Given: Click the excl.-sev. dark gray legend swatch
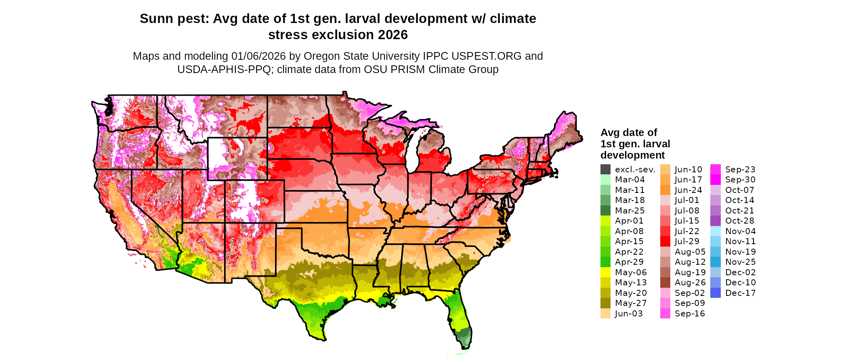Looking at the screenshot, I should click(x=605, y=170).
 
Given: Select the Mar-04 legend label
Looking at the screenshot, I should click(x=630, y=180).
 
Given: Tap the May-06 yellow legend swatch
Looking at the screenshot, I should click(x=605, y=272).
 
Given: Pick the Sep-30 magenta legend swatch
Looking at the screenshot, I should click(x=715, y=180).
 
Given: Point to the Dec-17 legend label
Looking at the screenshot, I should click(x=740, y=293).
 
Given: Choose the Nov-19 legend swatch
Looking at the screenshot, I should click(x=715, y=252).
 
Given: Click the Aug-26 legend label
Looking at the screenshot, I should click(x=690, y=283).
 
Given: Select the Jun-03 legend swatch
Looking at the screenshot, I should click(x=605, y=314).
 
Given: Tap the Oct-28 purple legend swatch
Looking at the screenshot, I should click(x=715, y=221).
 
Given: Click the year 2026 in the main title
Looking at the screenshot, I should click(x=393, y=35).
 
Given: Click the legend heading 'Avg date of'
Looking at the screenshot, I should click(x=628, y=133).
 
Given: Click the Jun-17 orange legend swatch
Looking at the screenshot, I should click(x=665, y=180).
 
